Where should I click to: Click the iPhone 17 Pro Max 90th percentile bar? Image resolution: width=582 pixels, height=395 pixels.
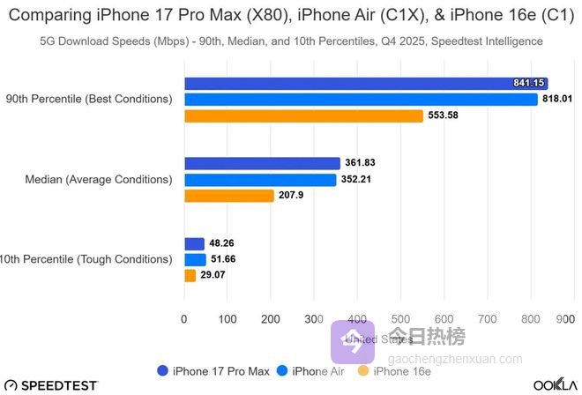pos(366,83)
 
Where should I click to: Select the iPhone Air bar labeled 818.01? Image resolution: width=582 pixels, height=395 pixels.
pos(361,100)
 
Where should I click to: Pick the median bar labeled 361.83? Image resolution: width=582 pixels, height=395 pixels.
pos(262,163)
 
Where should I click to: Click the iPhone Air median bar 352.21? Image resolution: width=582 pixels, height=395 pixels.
pos(260,180)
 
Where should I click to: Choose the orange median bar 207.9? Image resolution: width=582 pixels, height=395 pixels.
pos(229,196)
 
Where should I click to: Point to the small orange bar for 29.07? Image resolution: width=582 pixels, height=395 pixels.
pos(190,276)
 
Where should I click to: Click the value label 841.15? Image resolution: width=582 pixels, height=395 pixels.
pos(530,83)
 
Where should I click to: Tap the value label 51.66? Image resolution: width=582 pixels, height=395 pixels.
pos(227,259)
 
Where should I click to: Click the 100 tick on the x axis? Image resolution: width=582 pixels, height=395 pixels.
pos(228,317)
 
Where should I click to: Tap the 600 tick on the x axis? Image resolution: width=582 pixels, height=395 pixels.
pos(444,317)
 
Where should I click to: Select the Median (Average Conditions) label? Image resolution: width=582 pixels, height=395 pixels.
pos(99,180)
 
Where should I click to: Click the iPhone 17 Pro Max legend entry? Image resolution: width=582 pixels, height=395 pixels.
pos(213,371)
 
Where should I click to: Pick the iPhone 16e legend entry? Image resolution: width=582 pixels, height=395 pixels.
pos(394,371)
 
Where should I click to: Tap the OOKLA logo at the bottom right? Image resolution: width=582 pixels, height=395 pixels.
pos(555,386)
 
